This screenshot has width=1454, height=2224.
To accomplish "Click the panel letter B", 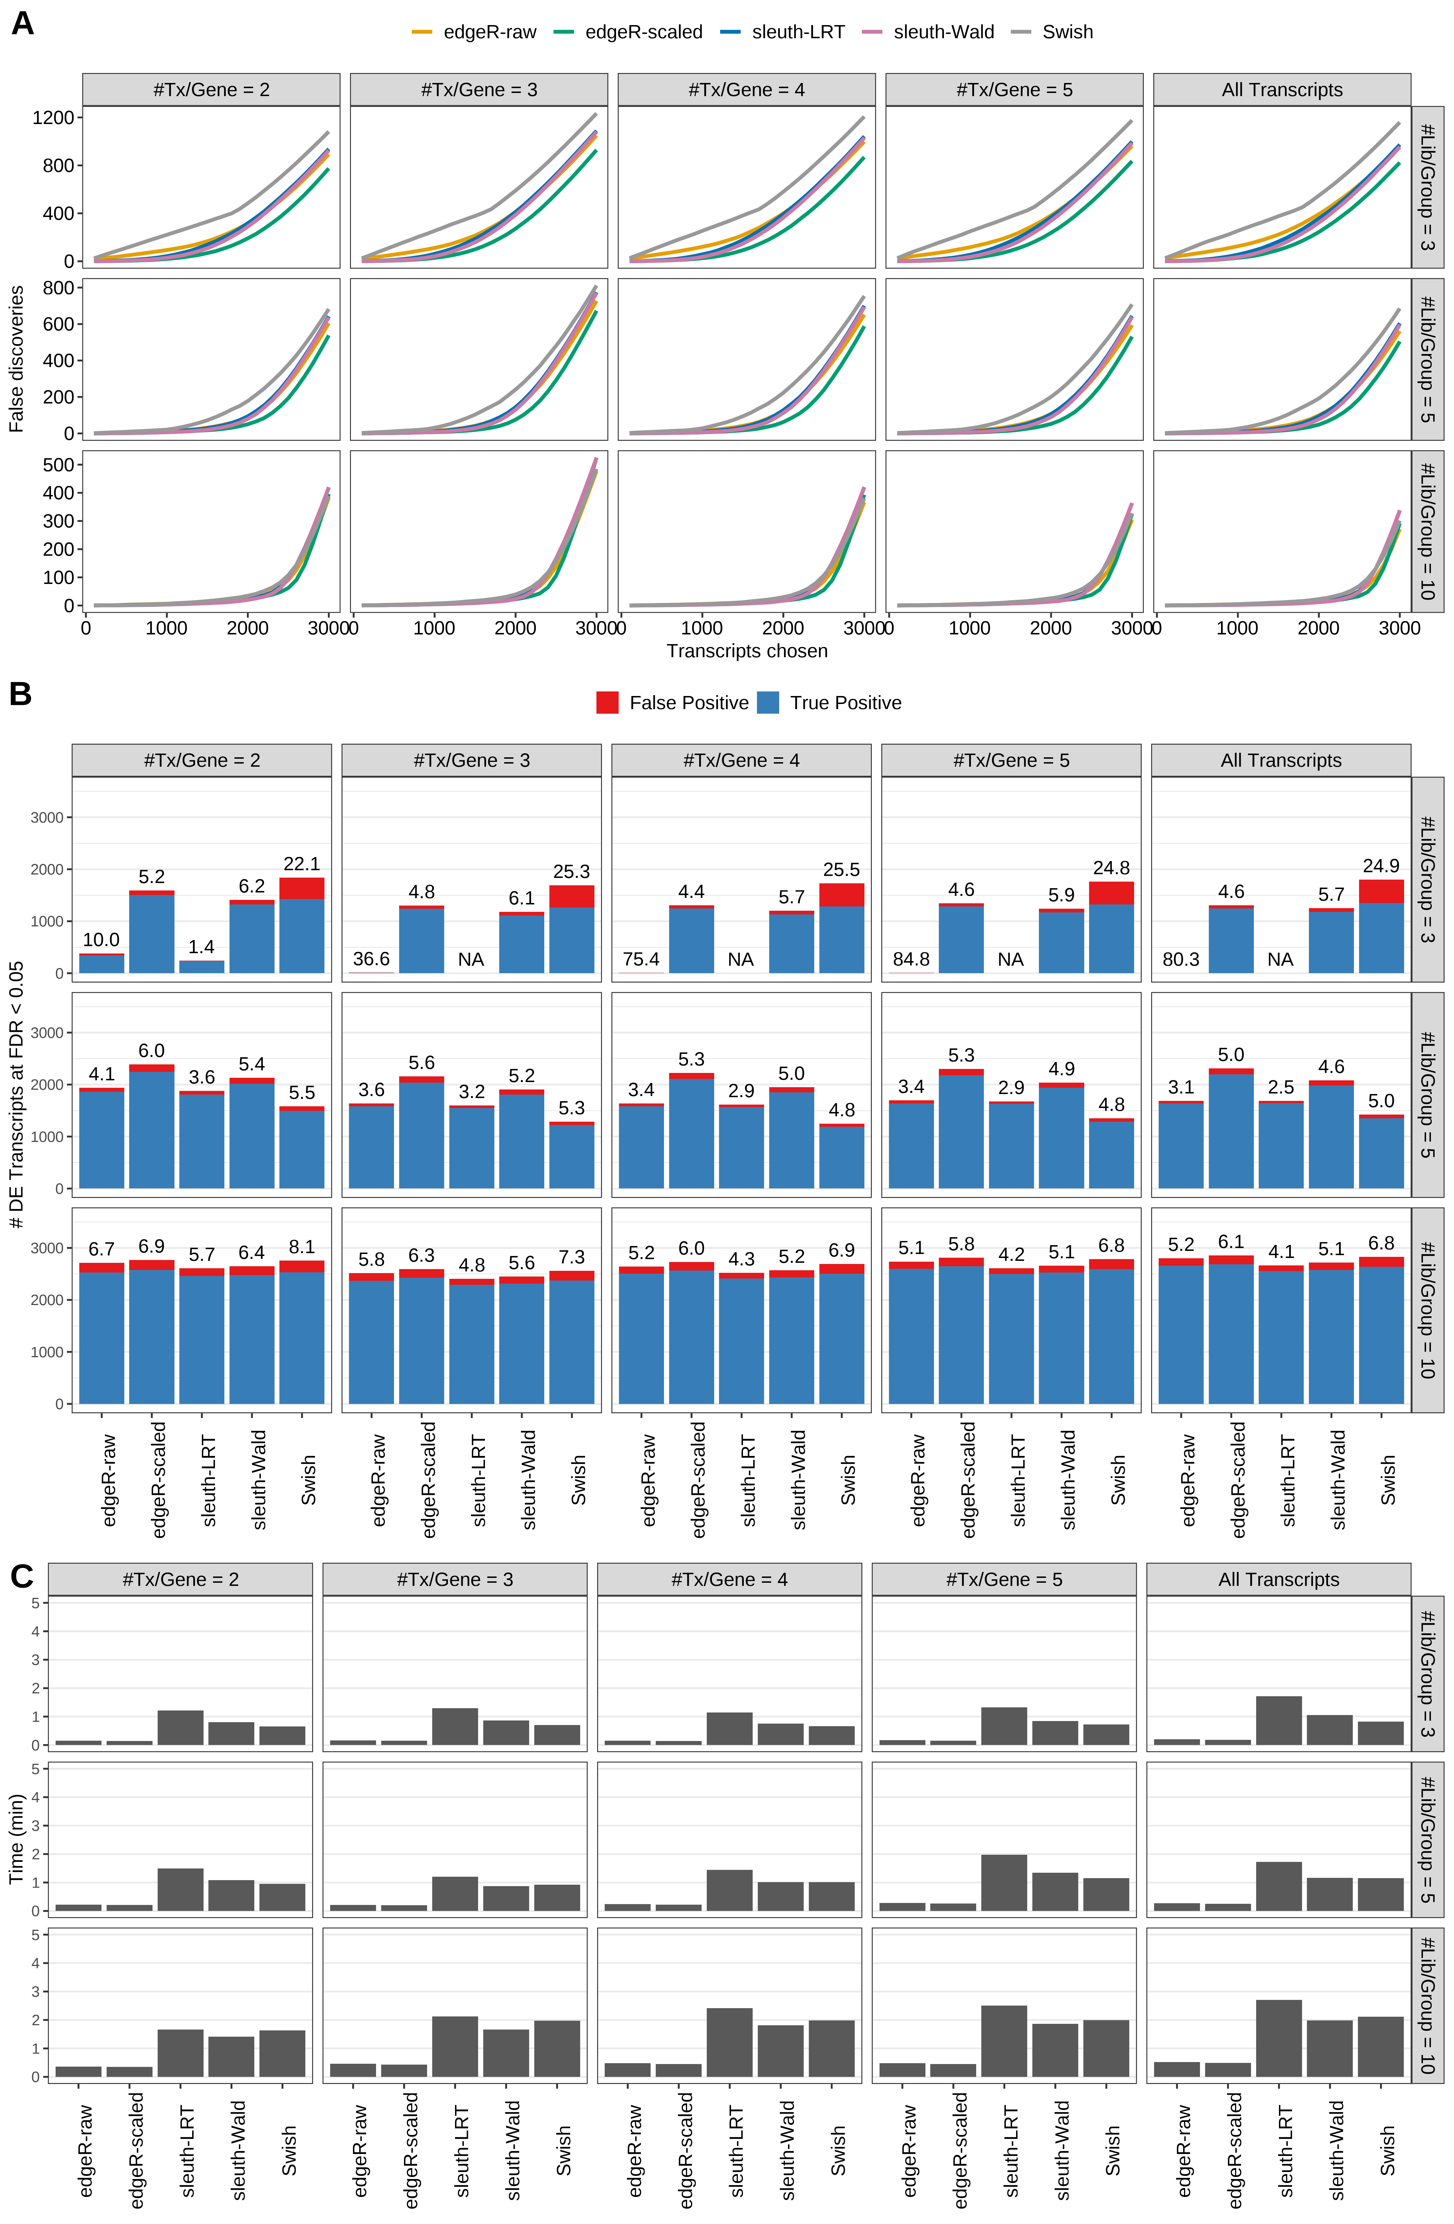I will [x=21, y=694].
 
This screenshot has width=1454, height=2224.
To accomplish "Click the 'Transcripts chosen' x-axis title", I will [x=747, y=651].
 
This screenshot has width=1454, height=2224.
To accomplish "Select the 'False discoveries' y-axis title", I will [x=16, y=359].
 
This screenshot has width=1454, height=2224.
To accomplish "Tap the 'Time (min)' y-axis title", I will [x=16, y=1838].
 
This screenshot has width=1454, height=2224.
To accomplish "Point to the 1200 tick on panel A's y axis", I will [x=52, y=118].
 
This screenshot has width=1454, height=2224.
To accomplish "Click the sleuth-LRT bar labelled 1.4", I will [x=202, y=966].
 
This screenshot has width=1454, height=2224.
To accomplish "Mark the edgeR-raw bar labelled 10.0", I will [x=102, y=963].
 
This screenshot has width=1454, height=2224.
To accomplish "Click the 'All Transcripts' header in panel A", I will [x=1281, y=90].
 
